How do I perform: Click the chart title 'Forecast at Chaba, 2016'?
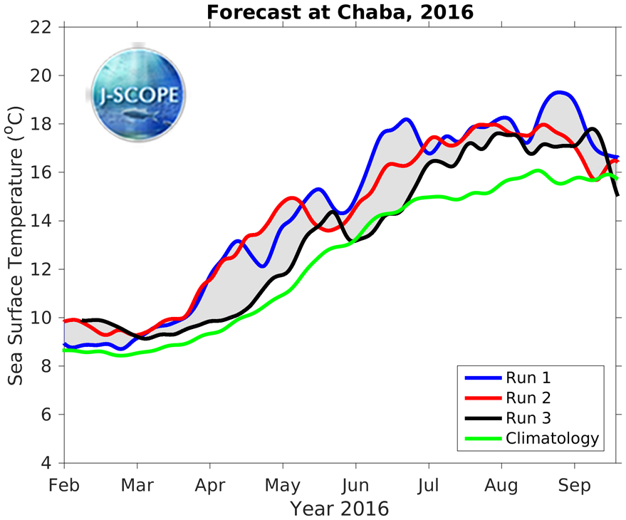(x=340, y=12)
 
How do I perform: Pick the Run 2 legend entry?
(x=528, y=397)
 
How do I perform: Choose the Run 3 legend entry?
(x=528, y=417)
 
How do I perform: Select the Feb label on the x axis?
(x=65, y=485)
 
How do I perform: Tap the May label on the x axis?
(x=283, y=485)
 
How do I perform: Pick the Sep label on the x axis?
(x=574, y=485)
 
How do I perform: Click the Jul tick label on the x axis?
(x=428, y=485)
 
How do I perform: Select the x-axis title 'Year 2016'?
(x=340, y=509)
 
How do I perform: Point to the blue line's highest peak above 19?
(x=560, y=92)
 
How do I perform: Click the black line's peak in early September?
(x=593, y=129)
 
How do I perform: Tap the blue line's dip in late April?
(x=263, y=266)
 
